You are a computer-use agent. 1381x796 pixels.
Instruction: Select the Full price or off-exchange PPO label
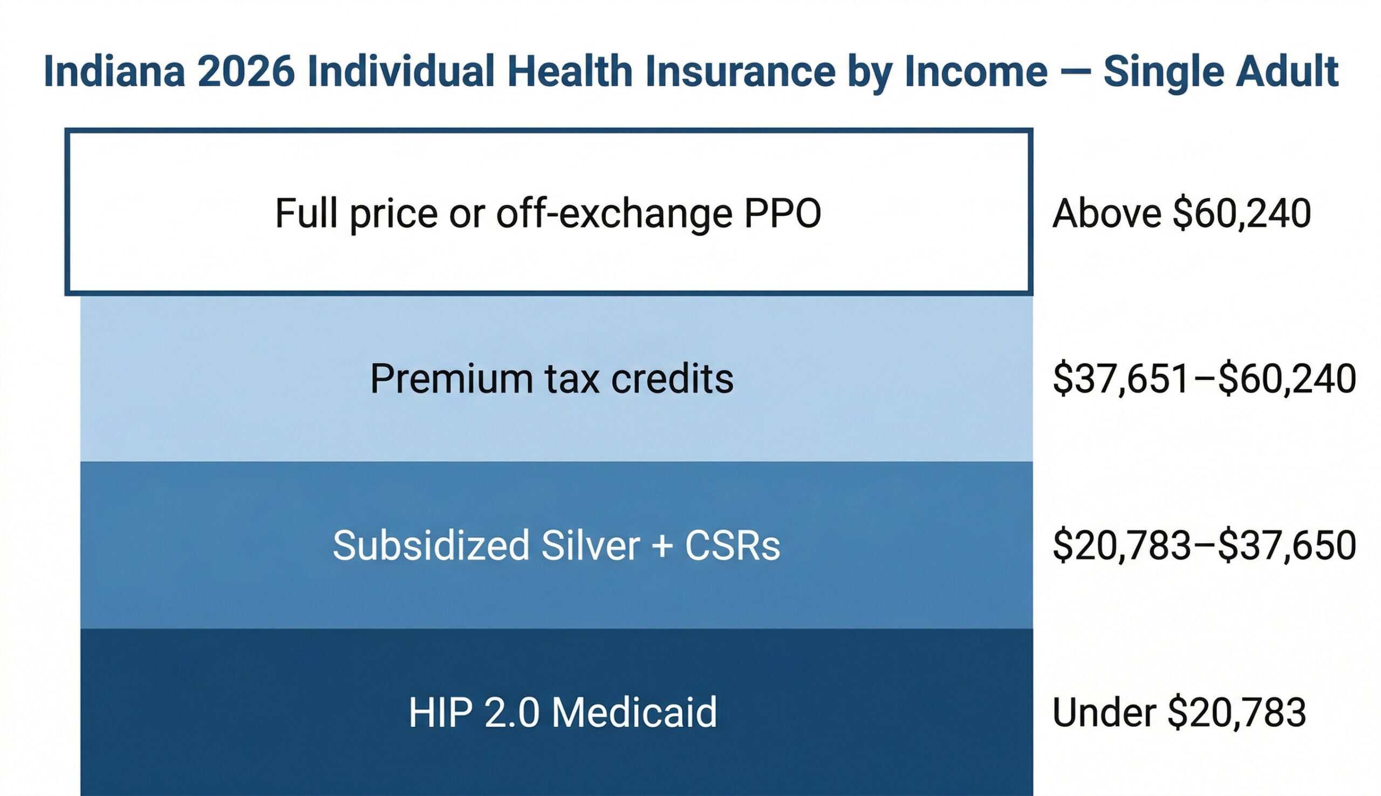point(548,214)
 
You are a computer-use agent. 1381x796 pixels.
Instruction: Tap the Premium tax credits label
point(551,379)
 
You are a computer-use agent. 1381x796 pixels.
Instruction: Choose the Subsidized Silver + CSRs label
point(556,545)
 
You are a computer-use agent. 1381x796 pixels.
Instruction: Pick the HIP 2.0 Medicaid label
point(563,712)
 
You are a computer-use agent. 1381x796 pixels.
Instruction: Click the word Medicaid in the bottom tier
point(634,712)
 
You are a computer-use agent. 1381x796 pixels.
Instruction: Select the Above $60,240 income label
point(1181,214)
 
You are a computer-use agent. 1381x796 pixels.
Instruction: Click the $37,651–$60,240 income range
point(1204,379)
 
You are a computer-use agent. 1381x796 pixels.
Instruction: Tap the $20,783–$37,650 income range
point(1204,545)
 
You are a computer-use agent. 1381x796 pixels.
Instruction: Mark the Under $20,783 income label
point(1179,712)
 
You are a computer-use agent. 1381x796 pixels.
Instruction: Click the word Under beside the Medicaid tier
point(1104,712)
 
